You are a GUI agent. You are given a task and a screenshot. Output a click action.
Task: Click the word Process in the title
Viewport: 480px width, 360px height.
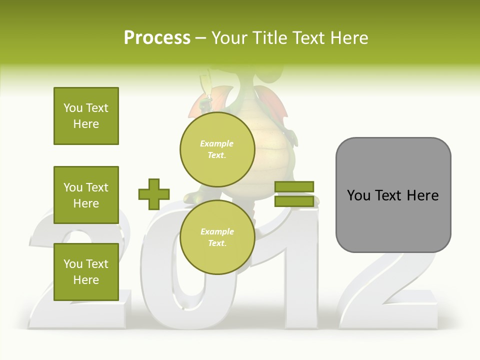[157, 38]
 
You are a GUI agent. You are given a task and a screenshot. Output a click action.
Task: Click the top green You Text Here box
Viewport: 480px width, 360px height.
[86, 116]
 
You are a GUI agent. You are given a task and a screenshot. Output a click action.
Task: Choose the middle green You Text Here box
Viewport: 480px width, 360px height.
[86, 195]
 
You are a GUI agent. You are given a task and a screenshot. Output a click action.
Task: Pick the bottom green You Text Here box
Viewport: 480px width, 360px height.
[86, 272]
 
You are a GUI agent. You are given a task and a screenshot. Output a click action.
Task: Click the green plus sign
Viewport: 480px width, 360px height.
[154, 194]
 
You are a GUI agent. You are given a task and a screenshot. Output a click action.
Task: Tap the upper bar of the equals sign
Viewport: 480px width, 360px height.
[294, 187]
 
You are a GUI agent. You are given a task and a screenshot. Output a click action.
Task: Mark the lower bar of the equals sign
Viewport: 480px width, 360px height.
[294, 201]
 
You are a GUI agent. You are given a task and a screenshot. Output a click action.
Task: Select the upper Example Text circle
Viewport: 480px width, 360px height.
[217, 149]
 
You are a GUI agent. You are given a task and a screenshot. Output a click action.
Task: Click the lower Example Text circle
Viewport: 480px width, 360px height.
[217, 237]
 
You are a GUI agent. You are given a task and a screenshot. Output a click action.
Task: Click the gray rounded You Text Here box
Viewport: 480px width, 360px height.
[393, 195]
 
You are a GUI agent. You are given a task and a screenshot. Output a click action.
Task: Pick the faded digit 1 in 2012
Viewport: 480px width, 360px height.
[295, 280]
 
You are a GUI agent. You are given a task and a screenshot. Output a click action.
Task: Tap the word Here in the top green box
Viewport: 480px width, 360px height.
[86, 124]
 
